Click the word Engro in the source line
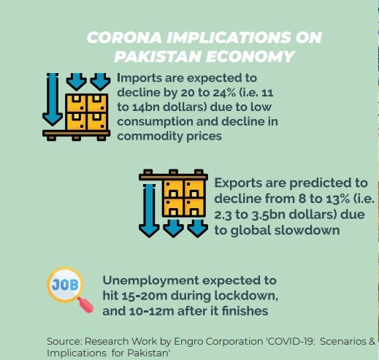point(194,341)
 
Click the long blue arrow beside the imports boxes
point(52,98)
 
